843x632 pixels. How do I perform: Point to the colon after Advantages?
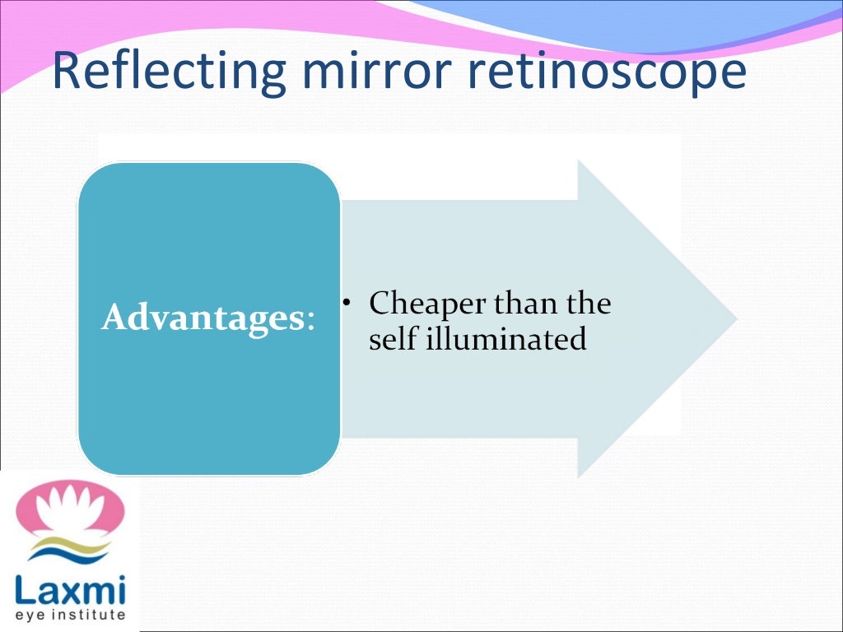tap(310, 321)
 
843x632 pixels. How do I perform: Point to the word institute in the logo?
tap(91, 614)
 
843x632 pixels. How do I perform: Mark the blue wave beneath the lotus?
tap(70, 556)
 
